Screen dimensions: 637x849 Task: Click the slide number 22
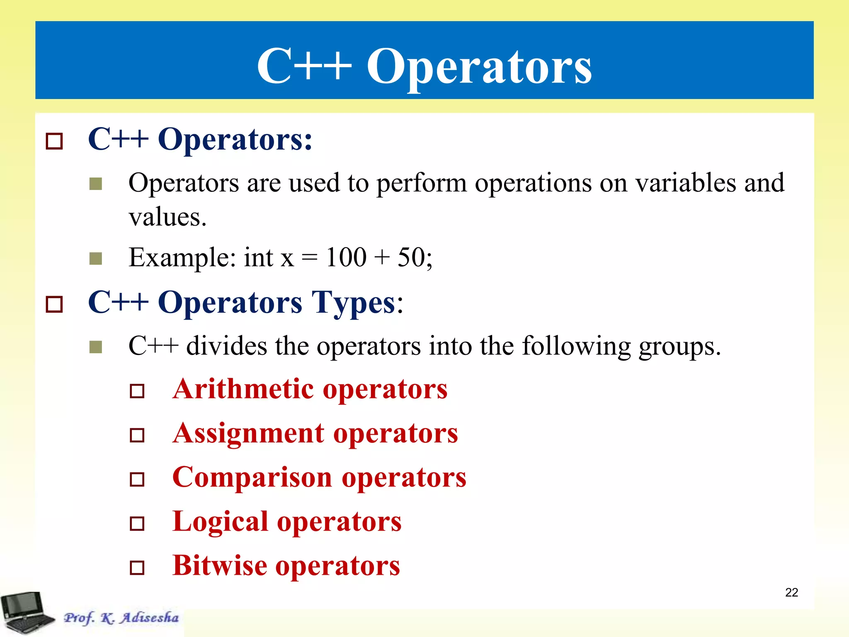pyautogui.click(x=791, y=592)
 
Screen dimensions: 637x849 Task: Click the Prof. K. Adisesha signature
pyautogui.click(x=121, y=618)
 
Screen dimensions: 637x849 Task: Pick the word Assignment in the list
pyautogui.click(x=248, y=434)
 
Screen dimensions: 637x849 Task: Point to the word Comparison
pyautogui.click(x=252, y=478)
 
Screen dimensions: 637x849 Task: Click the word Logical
pyautogui.click(x=220, y=522)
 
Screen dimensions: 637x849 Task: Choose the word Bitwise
pyautogui.click(x=220, y=566)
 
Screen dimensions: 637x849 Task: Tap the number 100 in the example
pyautogui.click(x=346, y=257)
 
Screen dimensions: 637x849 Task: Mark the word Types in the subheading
pyautogui.click(x=354, y=303)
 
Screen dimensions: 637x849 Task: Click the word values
pyautogui.click(x=167, y=217)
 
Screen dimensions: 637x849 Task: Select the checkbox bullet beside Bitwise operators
pyautogui.click(x=137, y=567)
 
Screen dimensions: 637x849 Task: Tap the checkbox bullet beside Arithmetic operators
pyautogui.click(x=137, y=391)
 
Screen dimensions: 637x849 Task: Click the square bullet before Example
pyautogui.click(x=96, y=259)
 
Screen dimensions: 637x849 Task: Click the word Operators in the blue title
pyautogui.click(x=479, y=66)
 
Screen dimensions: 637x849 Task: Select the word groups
pyautogui.click(x=679, y=347)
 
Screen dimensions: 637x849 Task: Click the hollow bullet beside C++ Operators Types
pyautogui.click(x=54, y=304)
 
